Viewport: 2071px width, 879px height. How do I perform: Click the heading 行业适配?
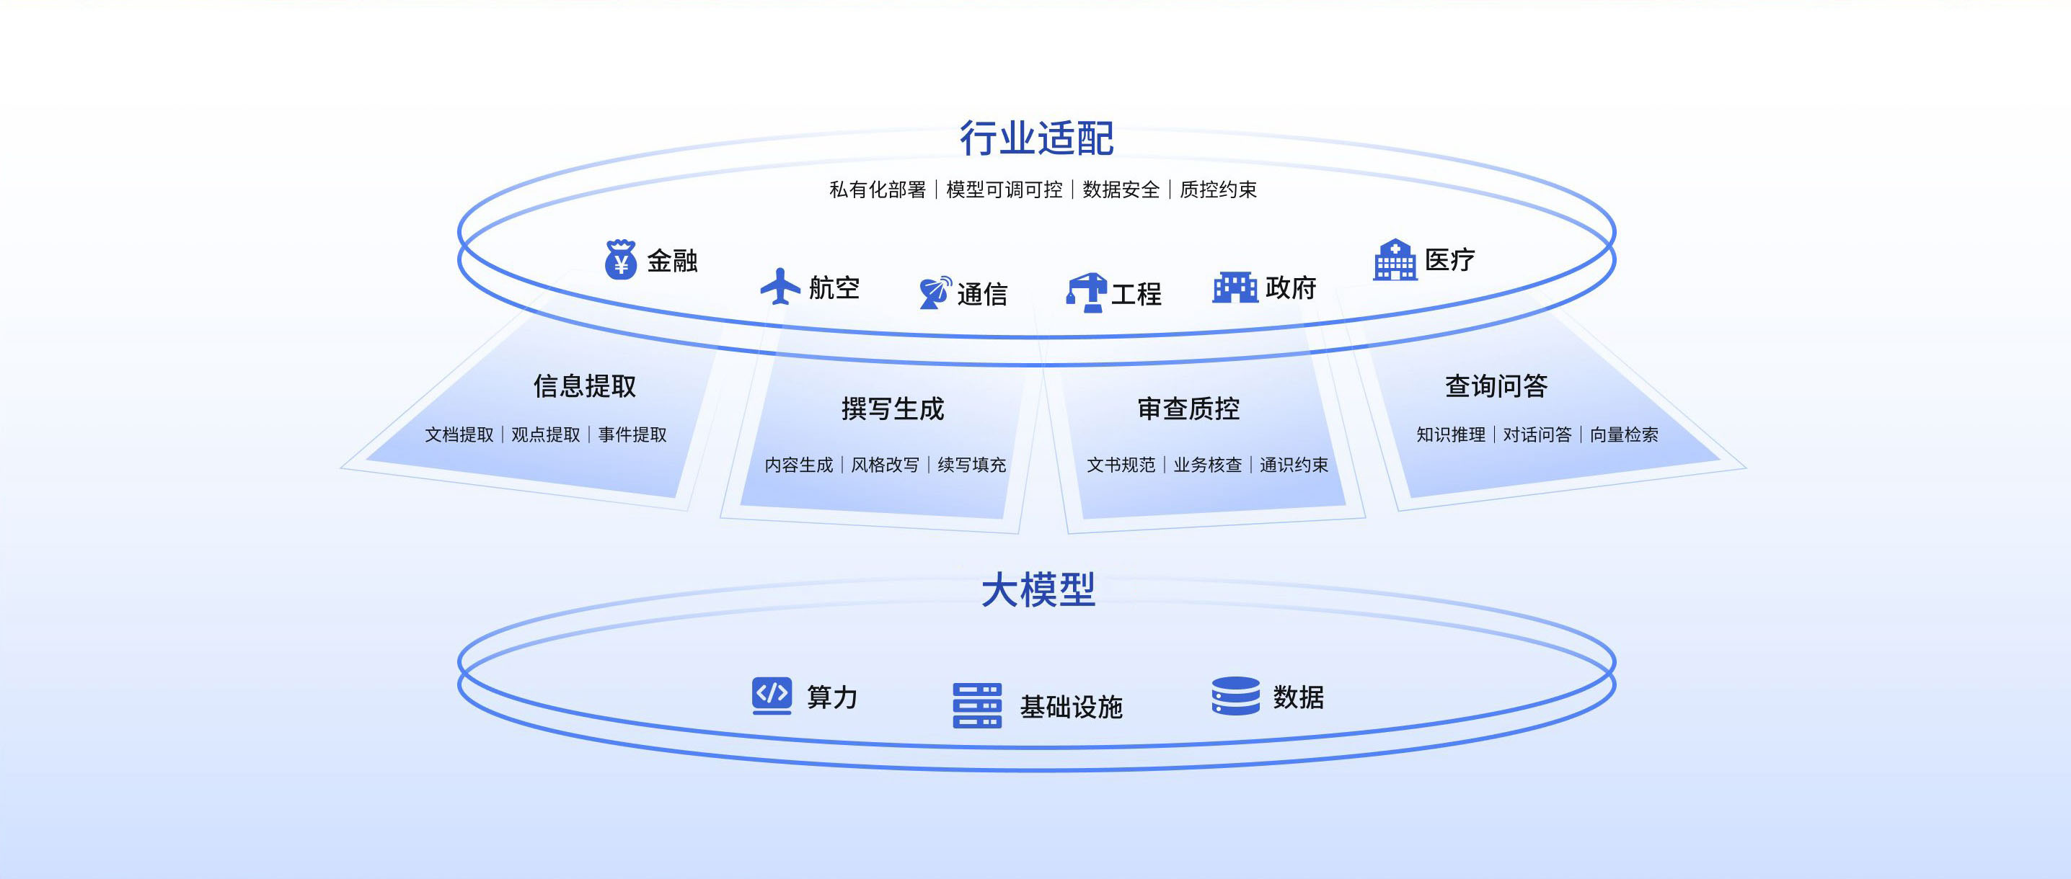[1036, 138]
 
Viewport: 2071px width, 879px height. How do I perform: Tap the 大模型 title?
[1038, 590]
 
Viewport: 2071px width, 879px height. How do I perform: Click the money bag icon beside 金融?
[621, 259]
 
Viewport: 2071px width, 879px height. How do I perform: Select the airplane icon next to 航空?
[780, 287]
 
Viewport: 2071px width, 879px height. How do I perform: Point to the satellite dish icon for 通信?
[935, 293]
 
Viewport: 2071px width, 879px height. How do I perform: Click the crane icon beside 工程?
[1086, 293]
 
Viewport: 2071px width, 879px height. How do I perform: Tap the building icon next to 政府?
[1235, 287]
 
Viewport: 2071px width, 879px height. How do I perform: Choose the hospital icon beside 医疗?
[1395, 259]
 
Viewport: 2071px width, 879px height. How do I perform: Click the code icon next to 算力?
[772, 695]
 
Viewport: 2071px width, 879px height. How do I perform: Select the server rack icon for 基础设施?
[977, 705]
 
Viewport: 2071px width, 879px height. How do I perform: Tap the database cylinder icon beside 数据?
[1236, 696]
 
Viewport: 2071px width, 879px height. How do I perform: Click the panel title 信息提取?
[585, 386]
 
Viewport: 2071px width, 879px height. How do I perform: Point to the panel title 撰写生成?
[893, 409]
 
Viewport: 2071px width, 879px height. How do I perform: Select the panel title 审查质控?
[1188, 409]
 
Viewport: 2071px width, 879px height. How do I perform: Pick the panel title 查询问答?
[1496, 386]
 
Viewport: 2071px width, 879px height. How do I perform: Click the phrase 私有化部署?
[877, 189]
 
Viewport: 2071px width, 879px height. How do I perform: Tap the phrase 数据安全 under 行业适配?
[1121, 189]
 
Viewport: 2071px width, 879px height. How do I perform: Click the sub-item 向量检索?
[1624, 434]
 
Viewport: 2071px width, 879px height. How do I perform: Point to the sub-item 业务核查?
[1208, 465]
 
